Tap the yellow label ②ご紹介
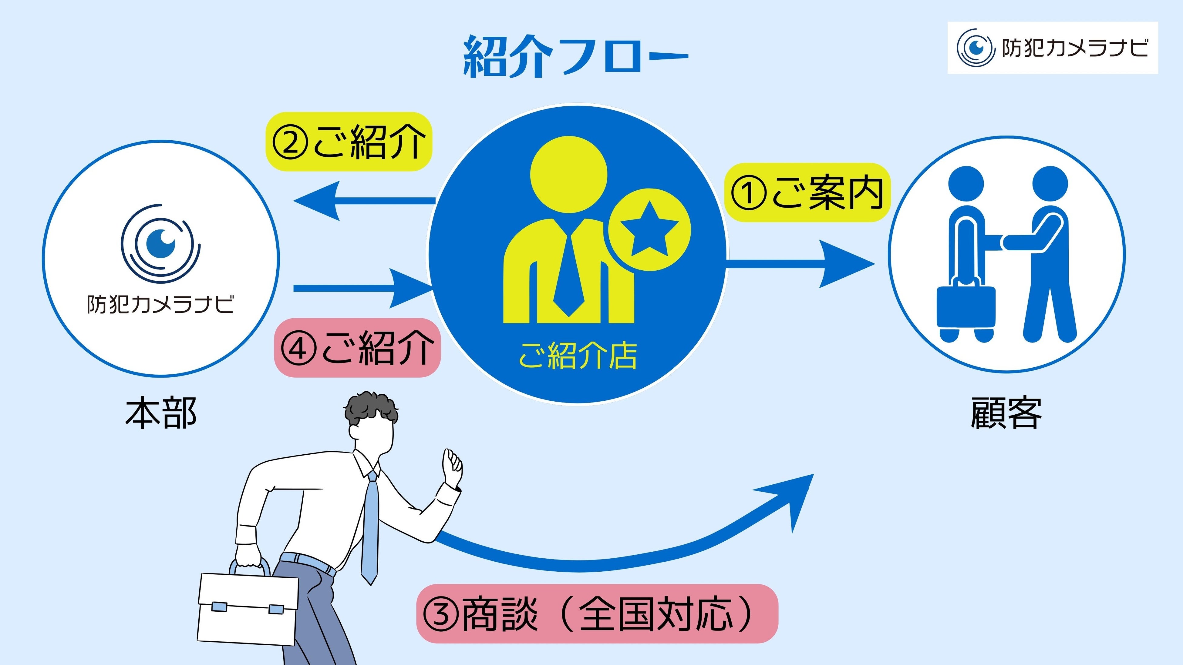click(x=349, y=142)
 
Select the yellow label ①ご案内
click(x=807, y=193)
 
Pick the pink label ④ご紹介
click(x=357, y=348)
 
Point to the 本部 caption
click(x=161, y=413)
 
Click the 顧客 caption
click(x=1006, y=413)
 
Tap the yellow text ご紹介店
click(x=578, y=356)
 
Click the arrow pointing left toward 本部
click(x=363, y=201)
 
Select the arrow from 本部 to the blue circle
click(x=363, y=288)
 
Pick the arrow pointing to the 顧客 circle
click(x=799, y=263)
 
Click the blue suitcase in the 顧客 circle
click(x=966, y=307)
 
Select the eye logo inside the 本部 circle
click(x=161, y=243)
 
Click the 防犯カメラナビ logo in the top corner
click(x=1052, y=48)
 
